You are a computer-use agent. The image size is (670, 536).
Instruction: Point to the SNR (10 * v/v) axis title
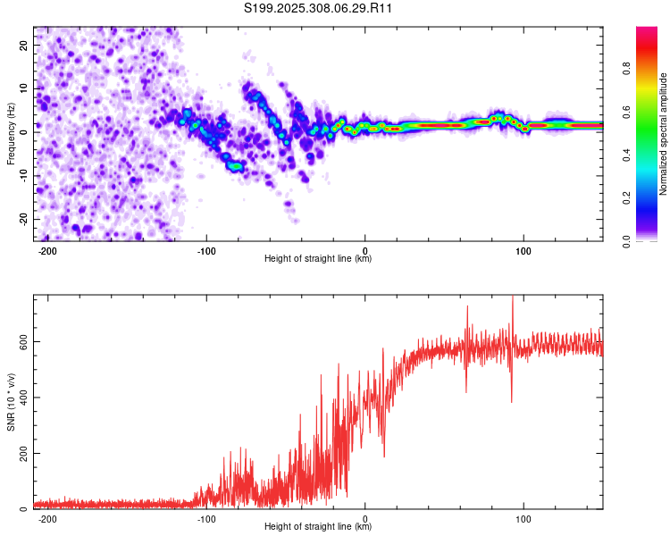(x=11, y=402)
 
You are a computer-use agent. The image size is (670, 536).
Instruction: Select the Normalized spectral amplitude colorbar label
(x=663, y=134)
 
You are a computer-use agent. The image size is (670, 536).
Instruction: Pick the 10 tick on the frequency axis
(x=24, y=88)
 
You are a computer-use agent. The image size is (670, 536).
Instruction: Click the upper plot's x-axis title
(x=319, y=259)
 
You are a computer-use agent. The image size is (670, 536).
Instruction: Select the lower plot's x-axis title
(x=319, y=527)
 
